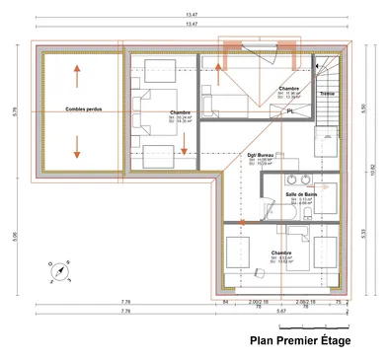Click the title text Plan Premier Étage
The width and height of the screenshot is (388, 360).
click(x=299, y=342)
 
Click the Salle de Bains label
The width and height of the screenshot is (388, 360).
click(x=301, y=196)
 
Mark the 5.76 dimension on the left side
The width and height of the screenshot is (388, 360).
click(x=15, y=111)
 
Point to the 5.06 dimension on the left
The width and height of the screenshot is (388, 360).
click(x=15, y=236)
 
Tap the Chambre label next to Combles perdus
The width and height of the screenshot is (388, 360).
click(x=180, y=112)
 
